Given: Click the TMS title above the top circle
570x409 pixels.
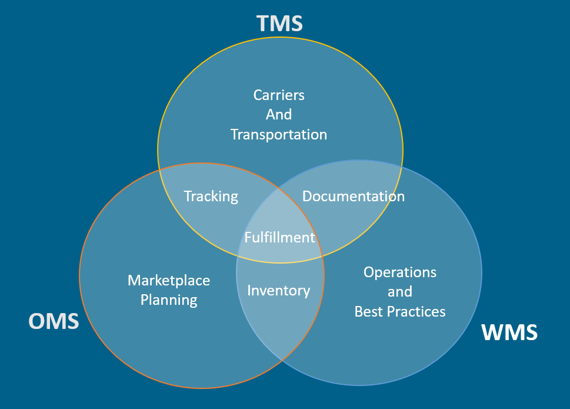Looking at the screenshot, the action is pos(279,24).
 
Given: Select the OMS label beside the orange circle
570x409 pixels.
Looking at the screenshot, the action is pos(54,321).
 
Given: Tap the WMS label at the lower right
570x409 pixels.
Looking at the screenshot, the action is pos(509,332).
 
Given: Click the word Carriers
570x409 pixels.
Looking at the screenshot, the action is pos(279,95).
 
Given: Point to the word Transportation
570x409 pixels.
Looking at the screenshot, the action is pos(279,135).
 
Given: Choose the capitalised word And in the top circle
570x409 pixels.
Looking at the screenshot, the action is pos(279,115).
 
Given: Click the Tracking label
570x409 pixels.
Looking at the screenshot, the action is pos(211,197).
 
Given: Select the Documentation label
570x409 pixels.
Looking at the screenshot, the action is pos(354,197).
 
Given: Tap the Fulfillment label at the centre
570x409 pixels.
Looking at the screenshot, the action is pos(279,237).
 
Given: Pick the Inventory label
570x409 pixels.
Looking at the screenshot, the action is pos(279,291).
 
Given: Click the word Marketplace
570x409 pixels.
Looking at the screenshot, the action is pos(169,281).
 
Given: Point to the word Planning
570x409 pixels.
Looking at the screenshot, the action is pos(169,300).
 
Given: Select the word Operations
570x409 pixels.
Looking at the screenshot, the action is pos(400,272).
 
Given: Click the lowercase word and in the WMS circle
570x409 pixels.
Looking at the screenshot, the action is pos(400,291).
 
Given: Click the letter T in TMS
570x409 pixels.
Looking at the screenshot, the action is pos(262,24).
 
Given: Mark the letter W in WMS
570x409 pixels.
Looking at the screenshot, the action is pos(492,332).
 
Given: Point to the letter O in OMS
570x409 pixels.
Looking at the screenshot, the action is pos(36,321).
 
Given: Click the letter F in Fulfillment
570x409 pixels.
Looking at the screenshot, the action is pos(248,237).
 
